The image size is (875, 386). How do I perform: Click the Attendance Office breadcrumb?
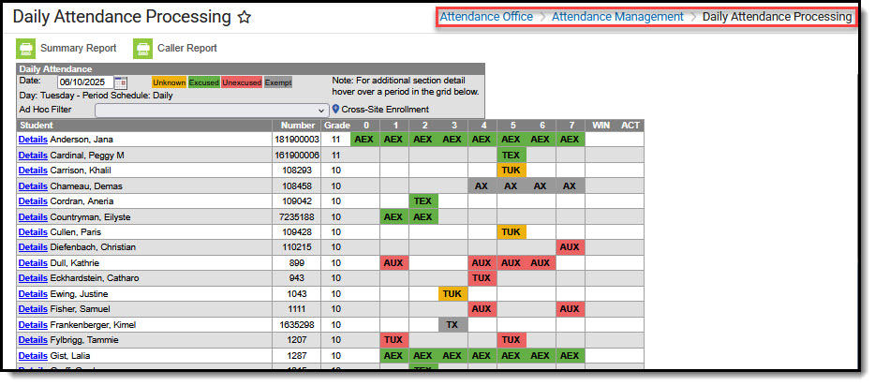(x=486, y=17)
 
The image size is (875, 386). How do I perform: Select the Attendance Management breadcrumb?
(x=617, y=17)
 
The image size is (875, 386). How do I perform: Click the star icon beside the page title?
(x=245, y=17)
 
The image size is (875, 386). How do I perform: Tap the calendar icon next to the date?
(x=120, y=82)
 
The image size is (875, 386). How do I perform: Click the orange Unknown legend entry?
(x=169, y=82)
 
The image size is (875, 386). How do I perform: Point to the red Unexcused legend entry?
(x=242, y=82)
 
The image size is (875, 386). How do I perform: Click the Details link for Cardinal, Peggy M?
(x=33, y=155)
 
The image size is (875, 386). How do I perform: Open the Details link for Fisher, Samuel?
(x=33, y=309)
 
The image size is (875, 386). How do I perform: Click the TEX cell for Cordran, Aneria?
(x=423, y=201)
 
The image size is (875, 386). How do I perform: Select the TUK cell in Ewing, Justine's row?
(x=452, y=294)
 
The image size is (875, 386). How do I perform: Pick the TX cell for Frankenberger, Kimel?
(x=452, y=325)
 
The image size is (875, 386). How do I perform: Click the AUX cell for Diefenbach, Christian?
(x=569, y=247)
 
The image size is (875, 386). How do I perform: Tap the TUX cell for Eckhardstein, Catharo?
(x=482, y=278)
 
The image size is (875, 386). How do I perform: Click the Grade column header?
(x=335, y=126)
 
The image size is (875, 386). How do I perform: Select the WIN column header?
(x=599, y=126)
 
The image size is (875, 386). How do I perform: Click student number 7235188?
(x=296, y=216)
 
